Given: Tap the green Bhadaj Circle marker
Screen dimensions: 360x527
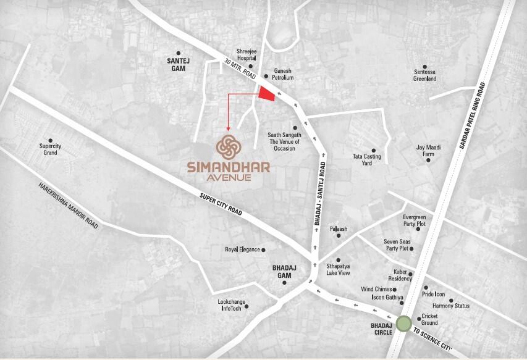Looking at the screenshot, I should (404, 324).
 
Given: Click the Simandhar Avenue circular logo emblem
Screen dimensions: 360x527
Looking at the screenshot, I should (230, 147).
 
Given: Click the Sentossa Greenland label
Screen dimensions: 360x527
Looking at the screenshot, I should (425, 75).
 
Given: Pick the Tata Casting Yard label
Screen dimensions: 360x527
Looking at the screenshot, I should (366, 159).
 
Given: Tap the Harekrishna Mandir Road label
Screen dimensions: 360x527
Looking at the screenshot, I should (68, 206).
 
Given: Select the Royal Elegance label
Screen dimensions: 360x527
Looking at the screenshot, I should (242, 249).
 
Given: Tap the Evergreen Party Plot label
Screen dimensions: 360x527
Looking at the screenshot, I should (414, 220).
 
